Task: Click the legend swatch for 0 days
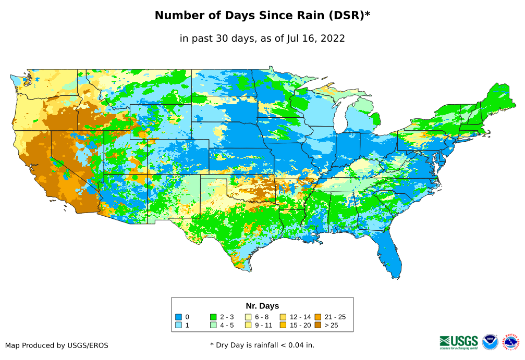pos(178,317)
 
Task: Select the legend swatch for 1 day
pos(178,326)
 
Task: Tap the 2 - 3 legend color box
pos(213,317)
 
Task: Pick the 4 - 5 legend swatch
pos(213,326)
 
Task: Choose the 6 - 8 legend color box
pos(248,317)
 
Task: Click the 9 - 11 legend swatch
pos(248,326)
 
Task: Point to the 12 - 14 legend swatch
pos(283,317)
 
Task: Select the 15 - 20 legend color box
pos(283,326)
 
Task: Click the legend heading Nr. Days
pos(262,306)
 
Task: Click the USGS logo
pos(459,342)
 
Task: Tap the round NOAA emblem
pos(490,342)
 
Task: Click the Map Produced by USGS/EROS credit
pos(57,345)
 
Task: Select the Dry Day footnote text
pos(262,345)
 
